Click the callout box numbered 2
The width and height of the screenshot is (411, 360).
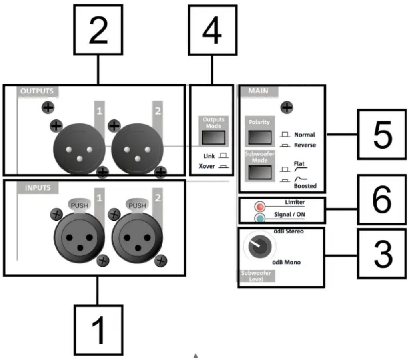click(x=98, y=30)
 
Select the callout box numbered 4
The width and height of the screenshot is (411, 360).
click(x=212, y=30)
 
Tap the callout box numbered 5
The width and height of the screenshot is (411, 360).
click(x=382, y=135)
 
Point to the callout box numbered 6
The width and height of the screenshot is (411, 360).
click(x=382, y=199)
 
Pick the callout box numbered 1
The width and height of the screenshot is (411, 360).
click(x=98, y=329)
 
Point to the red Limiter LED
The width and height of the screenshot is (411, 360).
click(x=260, y=207)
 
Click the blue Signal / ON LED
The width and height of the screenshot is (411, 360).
click(x=260, y=218)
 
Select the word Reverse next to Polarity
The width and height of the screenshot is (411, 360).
click(x=305, y=145)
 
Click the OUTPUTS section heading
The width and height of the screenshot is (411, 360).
click(x=37, y=91)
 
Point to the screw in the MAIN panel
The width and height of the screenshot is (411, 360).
click(x=286, y=107)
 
